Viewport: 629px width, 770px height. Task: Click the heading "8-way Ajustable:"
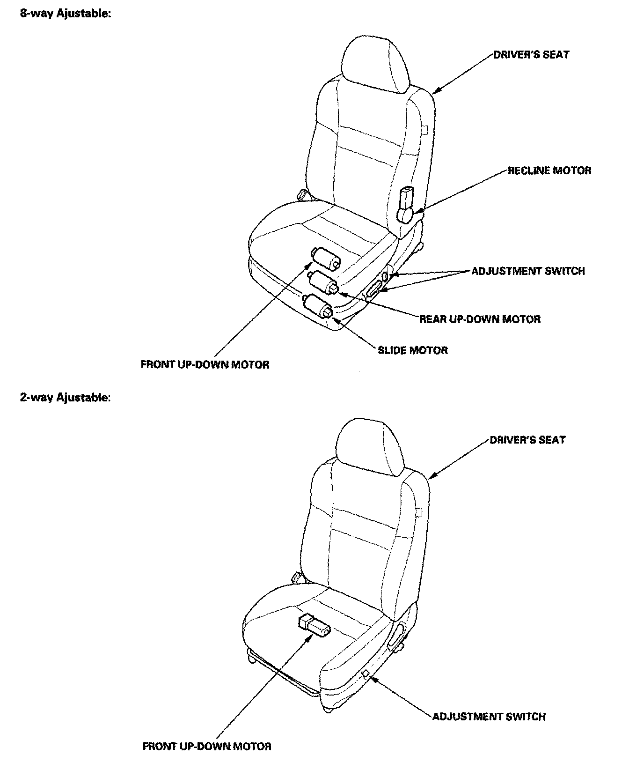[65, 14]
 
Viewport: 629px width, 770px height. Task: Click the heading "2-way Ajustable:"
[65, 398]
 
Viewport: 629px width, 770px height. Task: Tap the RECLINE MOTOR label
[549, 170]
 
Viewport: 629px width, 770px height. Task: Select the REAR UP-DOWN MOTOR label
[480, 319]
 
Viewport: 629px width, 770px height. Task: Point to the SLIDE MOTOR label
[412, 350]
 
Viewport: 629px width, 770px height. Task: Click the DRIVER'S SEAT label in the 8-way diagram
[531, 54]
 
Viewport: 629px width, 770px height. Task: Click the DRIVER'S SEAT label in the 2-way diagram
[527, 440]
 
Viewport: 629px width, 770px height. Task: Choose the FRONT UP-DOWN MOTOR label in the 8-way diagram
[205, 364]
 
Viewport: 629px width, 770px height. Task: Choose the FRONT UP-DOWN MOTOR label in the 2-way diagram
[206, 746]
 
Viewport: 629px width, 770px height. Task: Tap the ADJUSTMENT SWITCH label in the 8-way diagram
[527, 271]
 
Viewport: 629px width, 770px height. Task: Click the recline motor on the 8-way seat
[405, 206]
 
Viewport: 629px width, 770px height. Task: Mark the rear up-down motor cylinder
[322, 282]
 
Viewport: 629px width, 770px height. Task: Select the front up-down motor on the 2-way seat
[313, 625]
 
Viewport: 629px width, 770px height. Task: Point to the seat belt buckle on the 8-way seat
[303, 193]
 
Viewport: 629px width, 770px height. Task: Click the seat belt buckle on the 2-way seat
[297, 577]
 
